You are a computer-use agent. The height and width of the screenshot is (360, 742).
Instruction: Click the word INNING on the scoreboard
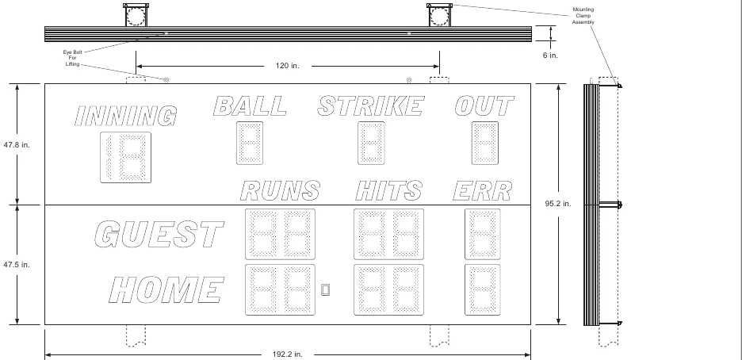(x=126, y=117)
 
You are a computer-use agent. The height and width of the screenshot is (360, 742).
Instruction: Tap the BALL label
(x=250, y=106)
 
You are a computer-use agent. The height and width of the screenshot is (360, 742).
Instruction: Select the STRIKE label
(x=370, y=106)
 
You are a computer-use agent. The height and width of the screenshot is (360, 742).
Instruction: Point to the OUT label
(x=484, y=106)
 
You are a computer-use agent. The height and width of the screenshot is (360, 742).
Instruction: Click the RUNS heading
(x=280, y=190)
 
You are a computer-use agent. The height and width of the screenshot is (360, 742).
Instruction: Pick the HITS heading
(x=388, y=190)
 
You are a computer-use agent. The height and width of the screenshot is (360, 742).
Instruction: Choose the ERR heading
(x=483, y=190)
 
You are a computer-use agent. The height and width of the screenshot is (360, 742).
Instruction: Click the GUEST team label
(x=159, y=234)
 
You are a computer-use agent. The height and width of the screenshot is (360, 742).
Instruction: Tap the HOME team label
(x=166, y=290)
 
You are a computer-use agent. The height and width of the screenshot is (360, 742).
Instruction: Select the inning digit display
(x=126, y=158)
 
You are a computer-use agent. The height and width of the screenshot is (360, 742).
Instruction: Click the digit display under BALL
(x=250, y=144)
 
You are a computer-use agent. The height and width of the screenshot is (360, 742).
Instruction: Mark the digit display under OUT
(x=485, y=144)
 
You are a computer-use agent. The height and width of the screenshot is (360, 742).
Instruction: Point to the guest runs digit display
(x=280, y=234)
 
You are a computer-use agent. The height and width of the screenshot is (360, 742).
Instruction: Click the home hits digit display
(x=389, y=290)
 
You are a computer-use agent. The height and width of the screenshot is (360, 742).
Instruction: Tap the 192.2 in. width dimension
(x=287, y=354)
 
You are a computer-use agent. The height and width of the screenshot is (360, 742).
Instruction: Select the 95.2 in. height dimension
(x=558, y=204)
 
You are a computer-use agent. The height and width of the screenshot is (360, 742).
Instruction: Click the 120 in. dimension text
(x=288, y=66)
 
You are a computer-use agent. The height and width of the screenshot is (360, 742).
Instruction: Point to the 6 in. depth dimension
(x=550, y=56)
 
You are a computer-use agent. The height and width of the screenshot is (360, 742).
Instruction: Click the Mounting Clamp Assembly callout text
(x=583, y=16)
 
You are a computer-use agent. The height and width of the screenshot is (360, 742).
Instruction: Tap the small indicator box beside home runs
(x=326, y=289)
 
